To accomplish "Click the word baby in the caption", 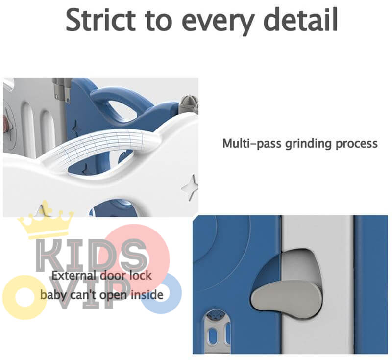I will [52, 295].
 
